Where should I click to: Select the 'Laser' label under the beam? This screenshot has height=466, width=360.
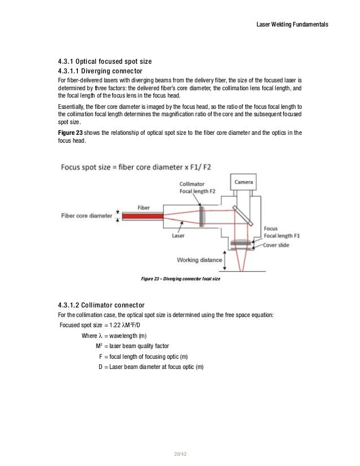coord(178,236)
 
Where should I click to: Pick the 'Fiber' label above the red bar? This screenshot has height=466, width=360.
coord(143,206)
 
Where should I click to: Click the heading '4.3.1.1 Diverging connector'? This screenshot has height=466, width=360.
coord(100,71)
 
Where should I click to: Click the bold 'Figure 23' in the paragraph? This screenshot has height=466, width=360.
coord(71,133)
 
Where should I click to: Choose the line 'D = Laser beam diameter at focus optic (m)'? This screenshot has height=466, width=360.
coord(151,367)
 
